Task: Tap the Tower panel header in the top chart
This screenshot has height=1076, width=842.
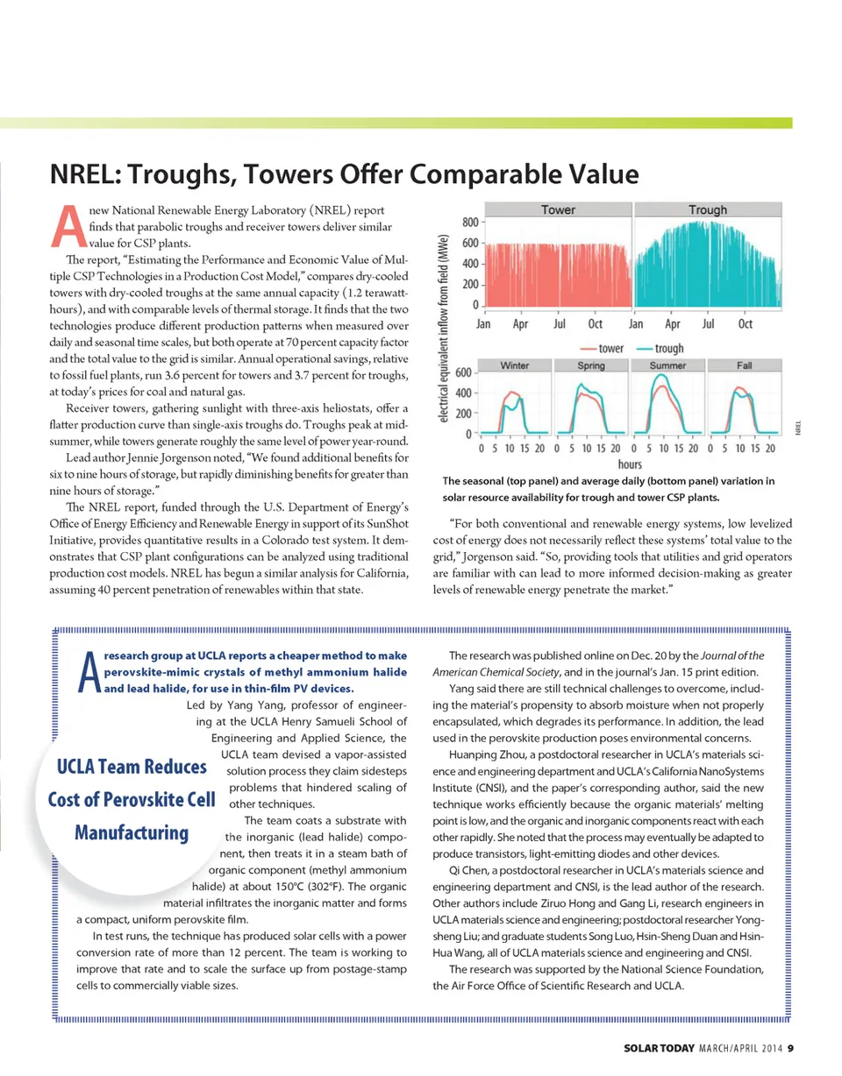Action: click(x=558, y=210)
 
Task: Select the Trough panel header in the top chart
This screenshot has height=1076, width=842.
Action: click(x=708, y=210)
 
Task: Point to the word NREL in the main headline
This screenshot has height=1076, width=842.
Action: click(x=84, y=174)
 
